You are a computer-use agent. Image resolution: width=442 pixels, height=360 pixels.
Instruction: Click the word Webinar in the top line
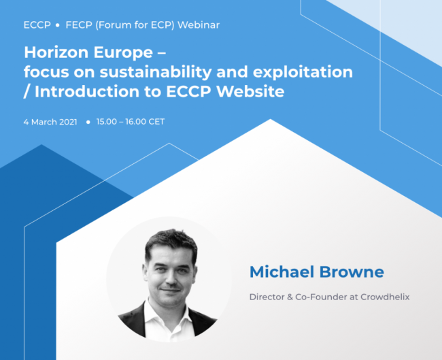(199, 24)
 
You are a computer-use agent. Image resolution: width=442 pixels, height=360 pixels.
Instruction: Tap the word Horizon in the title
(56, 52)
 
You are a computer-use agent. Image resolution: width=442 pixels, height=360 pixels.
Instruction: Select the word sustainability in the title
(156, 72)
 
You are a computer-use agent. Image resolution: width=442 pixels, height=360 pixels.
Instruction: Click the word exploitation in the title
(303, 72)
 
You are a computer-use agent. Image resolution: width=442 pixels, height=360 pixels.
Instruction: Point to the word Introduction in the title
(87, 91)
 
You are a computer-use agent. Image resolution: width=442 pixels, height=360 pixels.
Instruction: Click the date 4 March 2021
(50, 122)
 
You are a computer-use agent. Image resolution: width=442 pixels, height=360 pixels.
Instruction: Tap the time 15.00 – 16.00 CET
(131, 122)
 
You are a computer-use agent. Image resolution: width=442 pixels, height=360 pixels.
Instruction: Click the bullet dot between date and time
(88, 122)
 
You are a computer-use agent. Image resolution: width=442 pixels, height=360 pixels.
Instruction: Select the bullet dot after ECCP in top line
(58, 25)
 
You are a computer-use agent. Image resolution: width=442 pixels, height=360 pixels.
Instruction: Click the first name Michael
(282, 272)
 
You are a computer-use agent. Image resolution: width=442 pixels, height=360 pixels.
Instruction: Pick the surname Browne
(352, 272)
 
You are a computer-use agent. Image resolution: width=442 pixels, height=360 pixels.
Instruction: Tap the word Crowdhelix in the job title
(385, 297)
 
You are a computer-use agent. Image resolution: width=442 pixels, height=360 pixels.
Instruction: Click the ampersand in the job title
(290, 297)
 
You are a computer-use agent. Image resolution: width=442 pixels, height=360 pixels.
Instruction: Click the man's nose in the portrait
(170, 278)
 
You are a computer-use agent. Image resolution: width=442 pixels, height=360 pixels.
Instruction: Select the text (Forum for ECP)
(135, 24)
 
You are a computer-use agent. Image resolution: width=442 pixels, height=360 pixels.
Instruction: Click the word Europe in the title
(123, 53)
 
